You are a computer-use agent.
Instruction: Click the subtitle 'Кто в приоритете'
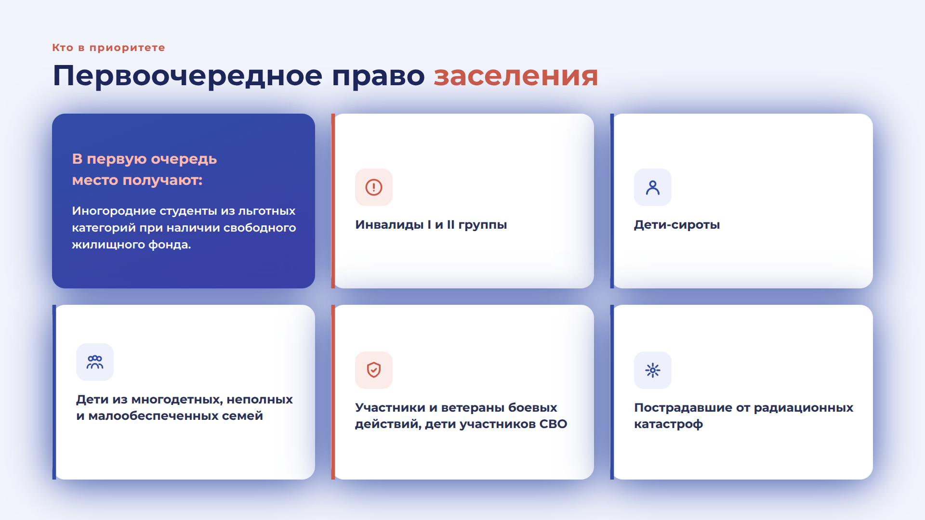coord(108,48)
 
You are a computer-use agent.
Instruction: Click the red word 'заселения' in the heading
coord(516,76)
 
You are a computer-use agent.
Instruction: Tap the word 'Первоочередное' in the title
coord(187,76)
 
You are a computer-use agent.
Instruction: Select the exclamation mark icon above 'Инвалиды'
coord(374,187)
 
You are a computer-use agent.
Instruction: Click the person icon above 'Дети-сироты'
coord(653,187)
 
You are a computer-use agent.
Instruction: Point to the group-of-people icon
coord(95,362)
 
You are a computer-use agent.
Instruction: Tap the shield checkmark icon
coord(374,370)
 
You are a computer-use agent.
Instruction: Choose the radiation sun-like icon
coord(653,370)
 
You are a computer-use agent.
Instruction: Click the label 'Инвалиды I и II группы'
coord(431,225)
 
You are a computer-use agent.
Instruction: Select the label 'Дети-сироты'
coord(677,225)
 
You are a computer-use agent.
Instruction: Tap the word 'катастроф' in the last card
coord(668,424)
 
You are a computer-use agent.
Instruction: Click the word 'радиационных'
coord(804,408)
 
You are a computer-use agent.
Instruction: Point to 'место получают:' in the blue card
coord(137,181)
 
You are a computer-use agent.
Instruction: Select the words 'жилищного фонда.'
coord(132,245)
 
